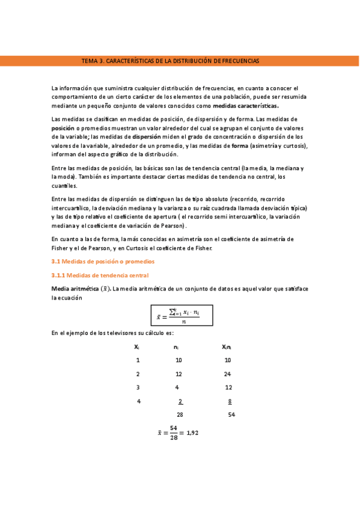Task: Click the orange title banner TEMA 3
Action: [x=171, y=61]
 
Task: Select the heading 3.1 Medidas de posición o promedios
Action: [x=103, y=262]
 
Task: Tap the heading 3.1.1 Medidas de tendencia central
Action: [x=99, y=275]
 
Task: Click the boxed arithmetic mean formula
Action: [x=181, y=316]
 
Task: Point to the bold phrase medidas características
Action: [x=246, y=106]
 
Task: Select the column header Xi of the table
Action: [x=137, y=346]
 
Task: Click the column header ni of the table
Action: [x=176, y=346]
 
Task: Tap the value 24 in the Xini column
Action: [x=228, y=373]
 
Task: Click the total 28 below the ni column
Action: [x=180, y=414]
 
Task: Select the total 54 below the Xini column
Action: [x=231, y=414]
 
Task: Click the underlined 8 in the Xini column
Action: [x=230, y=401]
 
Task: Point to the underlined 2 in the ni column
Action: [x=180, y=401]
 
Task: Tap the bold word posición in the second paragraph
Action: [x=66, y=128]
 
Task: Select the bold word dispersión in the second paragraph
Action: [x=146, y=137]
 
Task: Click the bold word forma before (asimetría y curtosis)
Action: [x=240, y=146]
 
